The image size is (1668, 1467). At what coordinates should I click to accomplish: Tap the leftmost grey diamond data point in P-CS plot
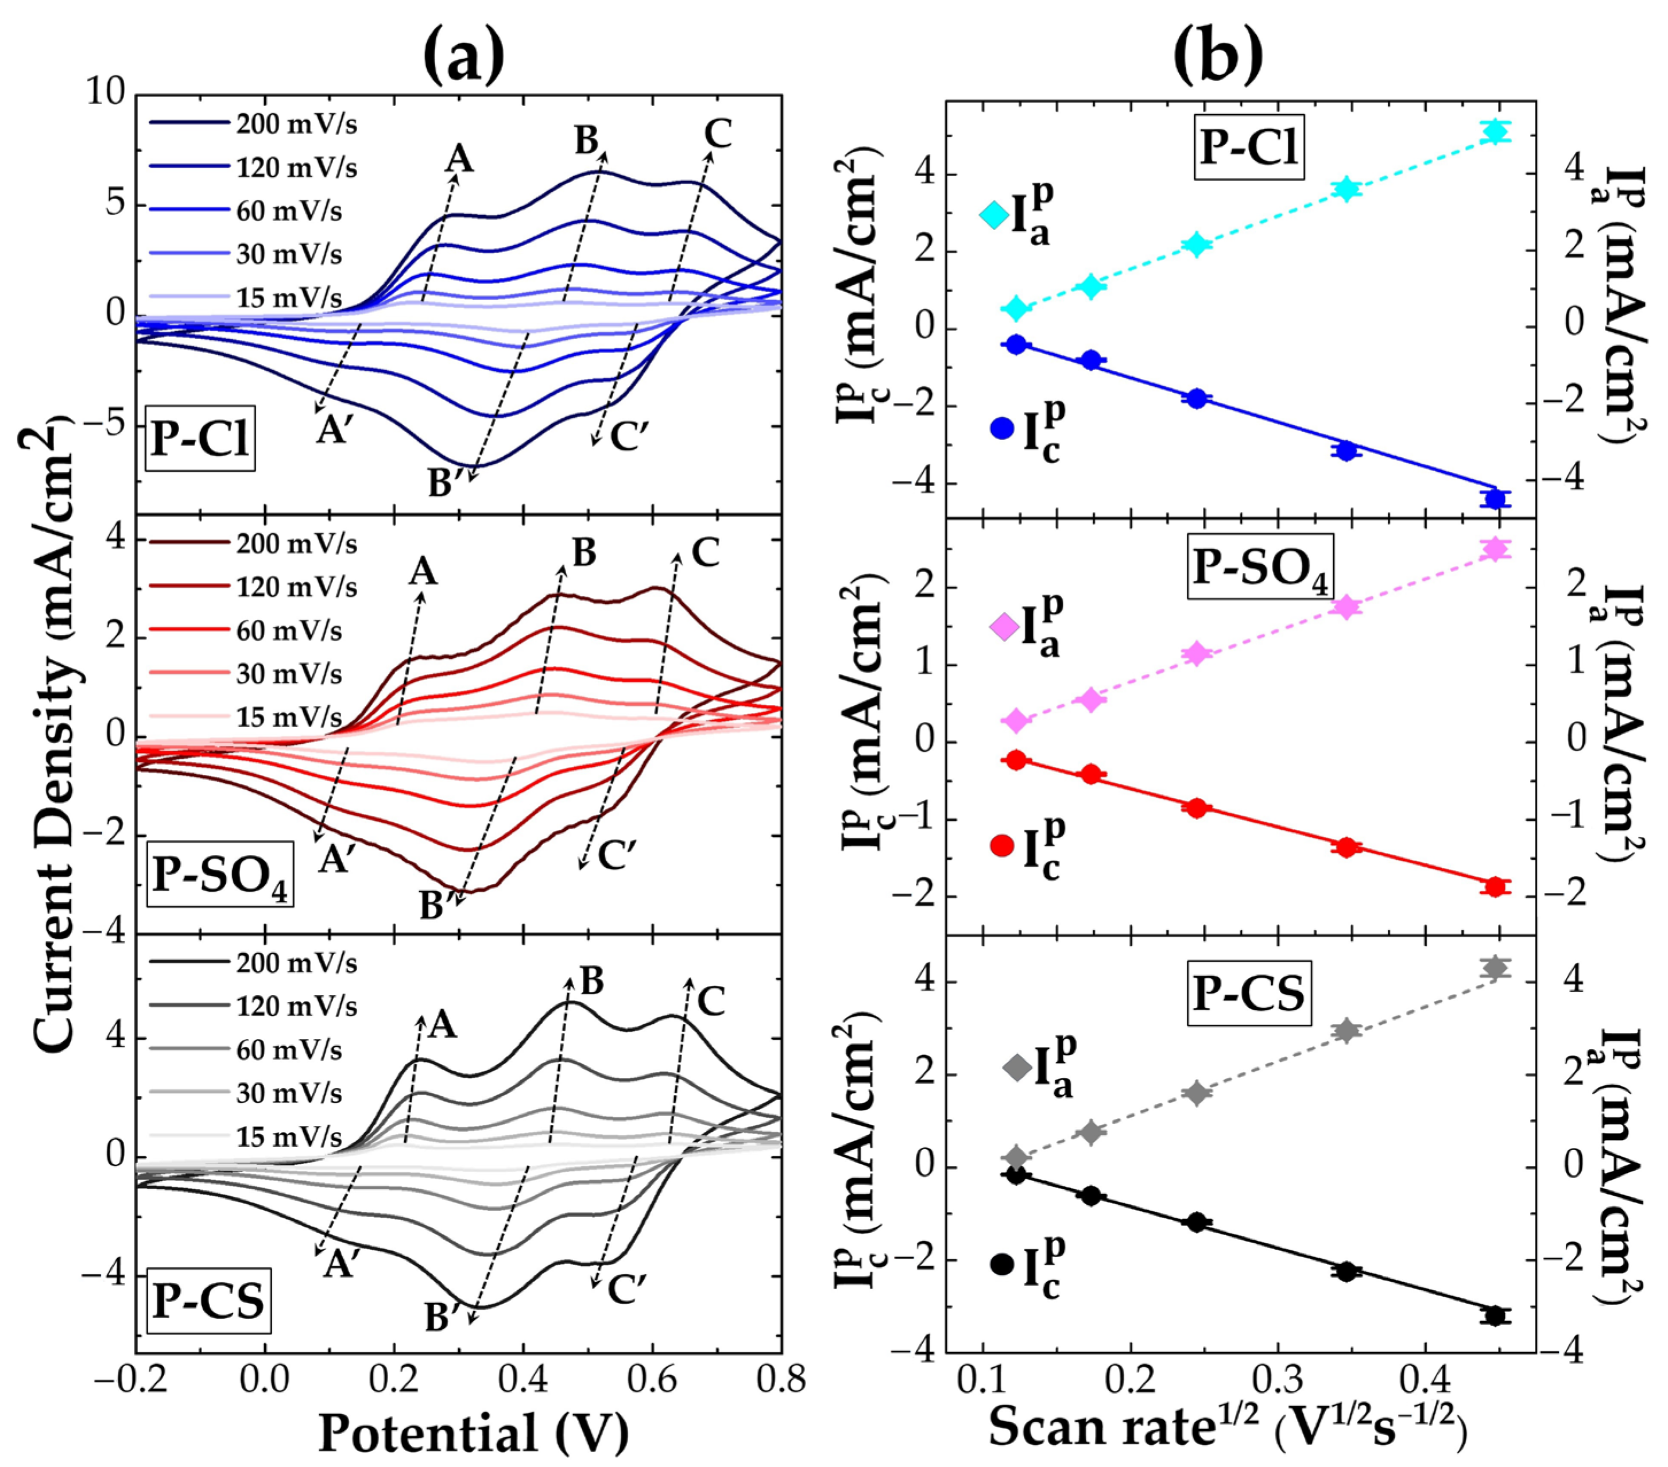coord(1016,1156)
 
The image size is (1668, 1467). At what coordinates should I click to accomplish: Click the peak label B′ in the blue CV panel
coord(446,484)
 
